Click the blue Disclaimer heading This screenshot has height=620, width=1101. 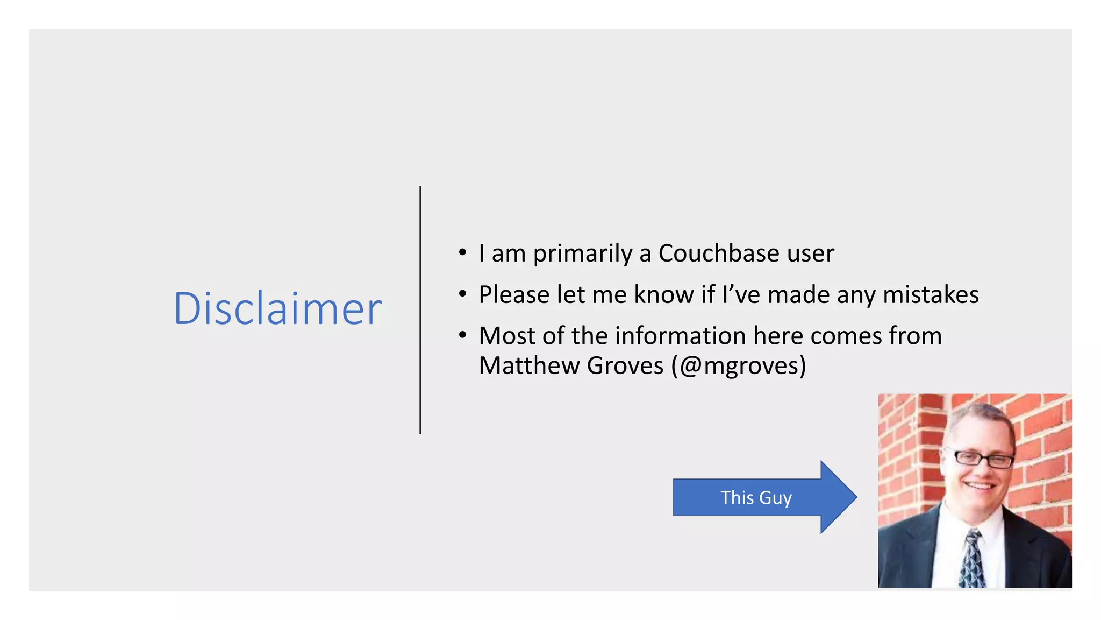click(x=277, y=309)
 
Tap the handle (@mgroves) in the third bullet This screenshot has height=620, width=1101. click(x=739, y=366)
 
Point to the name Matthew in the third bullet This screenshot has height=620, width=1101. click(x=529, y=366)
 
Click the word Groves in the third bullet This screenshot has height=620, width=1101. click(x=625, y=366)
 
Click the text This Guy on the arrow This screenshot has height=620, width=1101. click(x=756, y=498)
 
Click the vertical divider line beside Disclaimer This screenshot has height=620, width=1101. click(x=420, y=310)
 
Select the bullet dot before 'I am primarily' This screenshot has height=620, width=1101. click(x=462, y=252)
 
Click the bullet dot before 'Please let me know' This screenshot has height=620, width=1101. click(x=462, y=294)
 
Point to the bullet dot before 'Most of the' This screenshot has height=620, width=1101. click(x=462, y=335)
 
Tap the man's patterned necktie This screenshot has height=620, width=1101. click(x=973, y=560)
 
